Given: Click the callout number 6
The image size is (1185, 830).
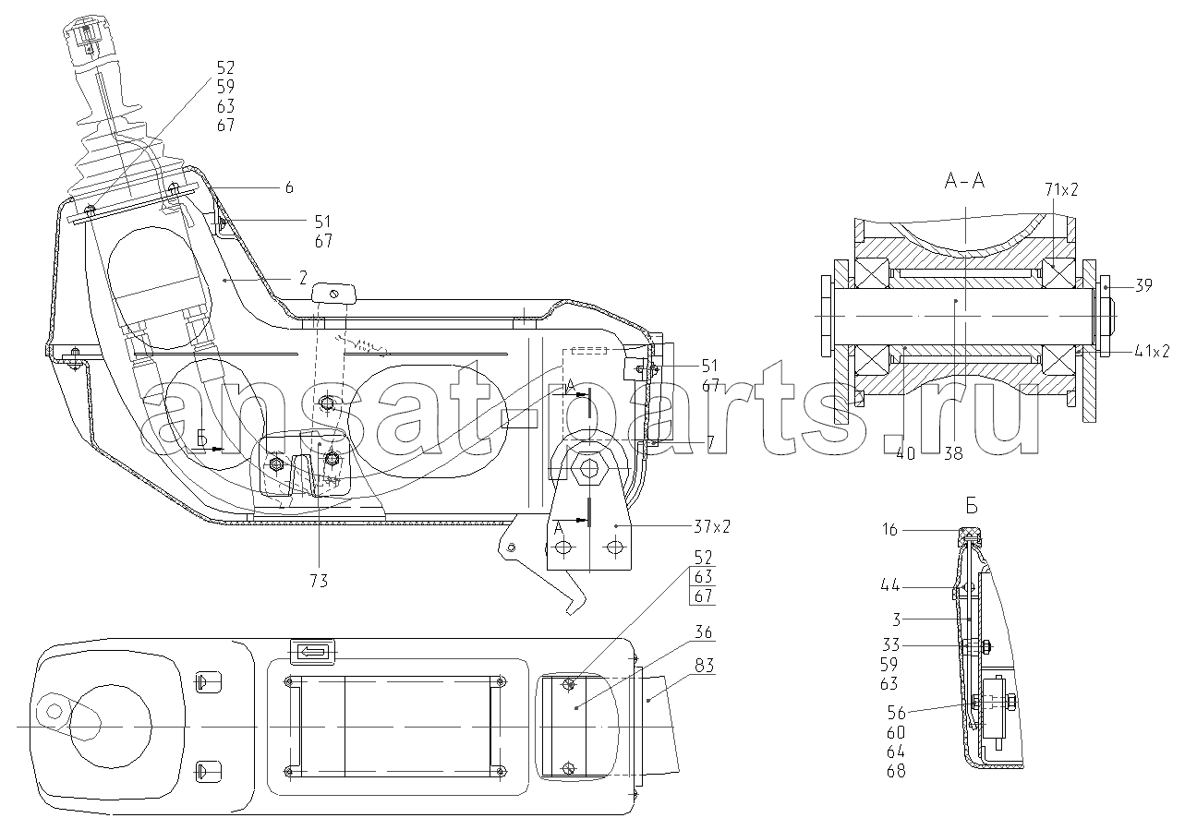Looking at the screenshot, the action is pos(289,187).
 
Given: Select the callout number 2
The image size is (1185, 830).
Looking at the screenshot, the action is pos(303,278).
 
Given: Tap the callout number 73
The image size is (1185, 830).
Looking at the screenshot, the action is pos(319,581).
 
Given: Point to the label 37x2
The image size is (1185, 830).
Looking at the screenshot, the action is pos(712,526).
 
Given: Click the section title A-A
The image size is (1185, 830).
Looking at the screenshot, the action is pos(964,182).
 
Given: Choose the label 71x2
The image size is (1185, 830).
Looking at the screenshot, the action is pos(1060,189).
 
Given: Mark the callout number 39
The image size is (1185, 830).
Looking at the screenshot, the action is pos(1143,285).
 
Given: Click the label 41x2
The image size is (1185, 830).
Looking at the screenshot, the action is pos(1152,351).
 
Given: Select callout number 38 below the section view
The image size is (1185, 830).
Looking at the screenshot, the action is pos(953,453).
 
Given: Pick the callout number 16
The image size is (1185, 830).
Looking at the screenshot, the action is pos(889,530).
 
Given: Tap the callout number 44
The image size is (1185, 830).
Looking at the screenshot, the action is pos(889,584).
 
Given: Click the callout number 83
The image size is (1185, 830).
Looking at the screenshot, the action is pos(703,666).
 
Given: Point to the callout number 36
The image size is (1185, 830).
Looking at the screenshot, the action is pos(703,632).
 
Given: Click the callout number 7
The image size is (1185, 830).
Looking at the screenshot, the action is pos(710,443).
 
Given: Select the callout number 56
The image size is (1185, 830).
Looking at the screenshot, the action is pos(896,713).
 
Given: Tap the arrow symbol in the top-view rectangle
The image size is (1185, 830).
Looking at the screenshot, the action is pos(312,651).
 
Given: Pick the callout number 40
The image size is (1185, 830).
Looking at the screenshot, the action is pos(906,453).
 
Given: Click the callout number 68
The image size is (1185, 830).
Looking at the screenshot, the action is pos(896,771).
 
